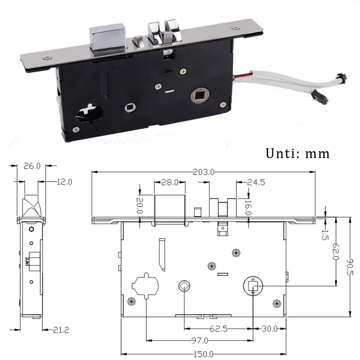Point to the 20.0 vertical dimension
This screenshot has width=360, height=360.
[x=139, y=205]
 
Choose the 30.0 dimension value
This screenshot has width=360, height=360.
[x=270, y=328]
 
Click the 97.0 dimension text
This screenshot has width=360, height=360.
[x=198, y=341]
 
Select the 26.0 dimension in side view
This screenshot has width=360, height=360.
[x=31, y=166]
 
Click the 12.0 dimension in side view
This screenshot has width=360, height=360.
[x=63, y=181]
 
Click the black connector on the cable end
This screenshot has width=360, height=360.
[x=318, y=95]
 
